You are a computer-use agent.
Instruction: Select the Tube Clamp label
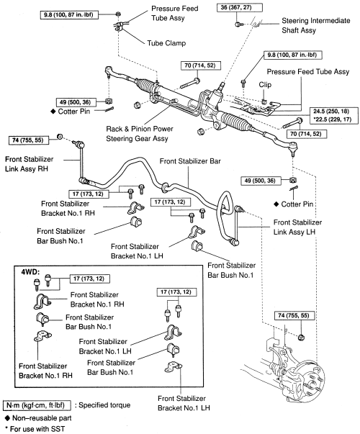166,43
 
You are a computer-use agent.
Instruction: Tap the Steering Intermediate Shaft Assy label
315,25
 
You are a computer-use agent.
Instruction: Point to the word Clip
265,85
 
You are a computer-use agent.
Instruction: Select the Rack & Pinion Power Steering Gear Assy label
140,134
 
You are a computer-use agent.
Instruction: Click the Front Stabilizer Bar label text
190,161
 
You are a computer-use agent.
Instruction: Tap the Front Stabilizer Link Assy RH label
29,164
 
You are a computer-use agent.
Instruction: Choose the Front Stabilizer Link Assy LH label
297,227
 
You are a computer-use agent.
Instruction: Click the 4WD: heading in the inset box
30,272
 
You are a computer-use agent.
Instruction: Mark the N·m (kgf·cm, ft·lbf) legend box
37,405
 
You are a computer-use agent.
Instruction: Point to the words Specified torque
104,405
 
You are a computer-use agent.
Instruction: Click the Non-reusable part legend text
42,418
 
